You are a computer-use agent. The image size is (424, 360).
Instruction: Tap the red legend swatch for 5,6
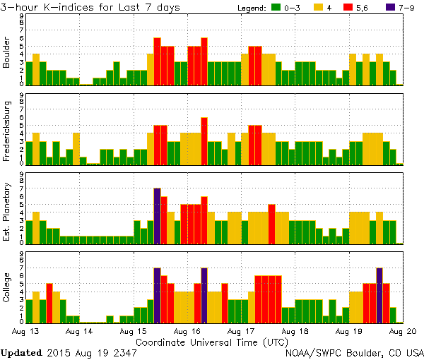(x=359, y=8)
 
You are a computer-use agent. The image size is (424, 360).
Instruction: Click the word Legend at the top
(x=249, y=8)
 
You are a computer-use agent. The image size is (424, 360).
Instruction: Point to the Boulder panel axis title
(x=7, y=54)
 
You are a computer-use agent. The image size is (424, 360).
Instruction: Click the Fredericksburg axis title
(x=7, y=133)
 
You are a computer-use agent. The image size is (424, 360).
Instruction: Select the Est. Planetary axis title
(x=7, y=212)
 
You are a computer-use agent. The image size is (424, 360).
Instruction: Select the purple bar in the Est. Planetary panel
(x=157, y=215)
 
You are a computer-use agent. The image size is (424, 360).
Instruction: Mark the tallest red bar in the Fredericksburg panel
(x=204, y=140)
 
